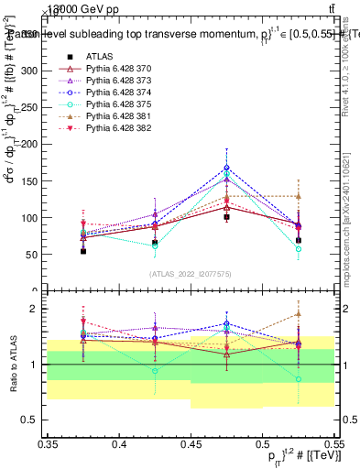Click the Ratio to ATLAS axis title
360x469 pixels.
[12, 365]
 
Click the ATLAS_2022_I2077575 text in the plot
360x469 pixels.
[191, 274]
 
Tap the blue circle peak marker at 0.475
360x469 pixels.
[226, 168]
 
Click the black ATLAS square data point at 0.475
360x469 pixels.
[226, 217]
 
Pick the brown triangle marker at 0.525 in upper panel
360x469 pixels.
[298, 195]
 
